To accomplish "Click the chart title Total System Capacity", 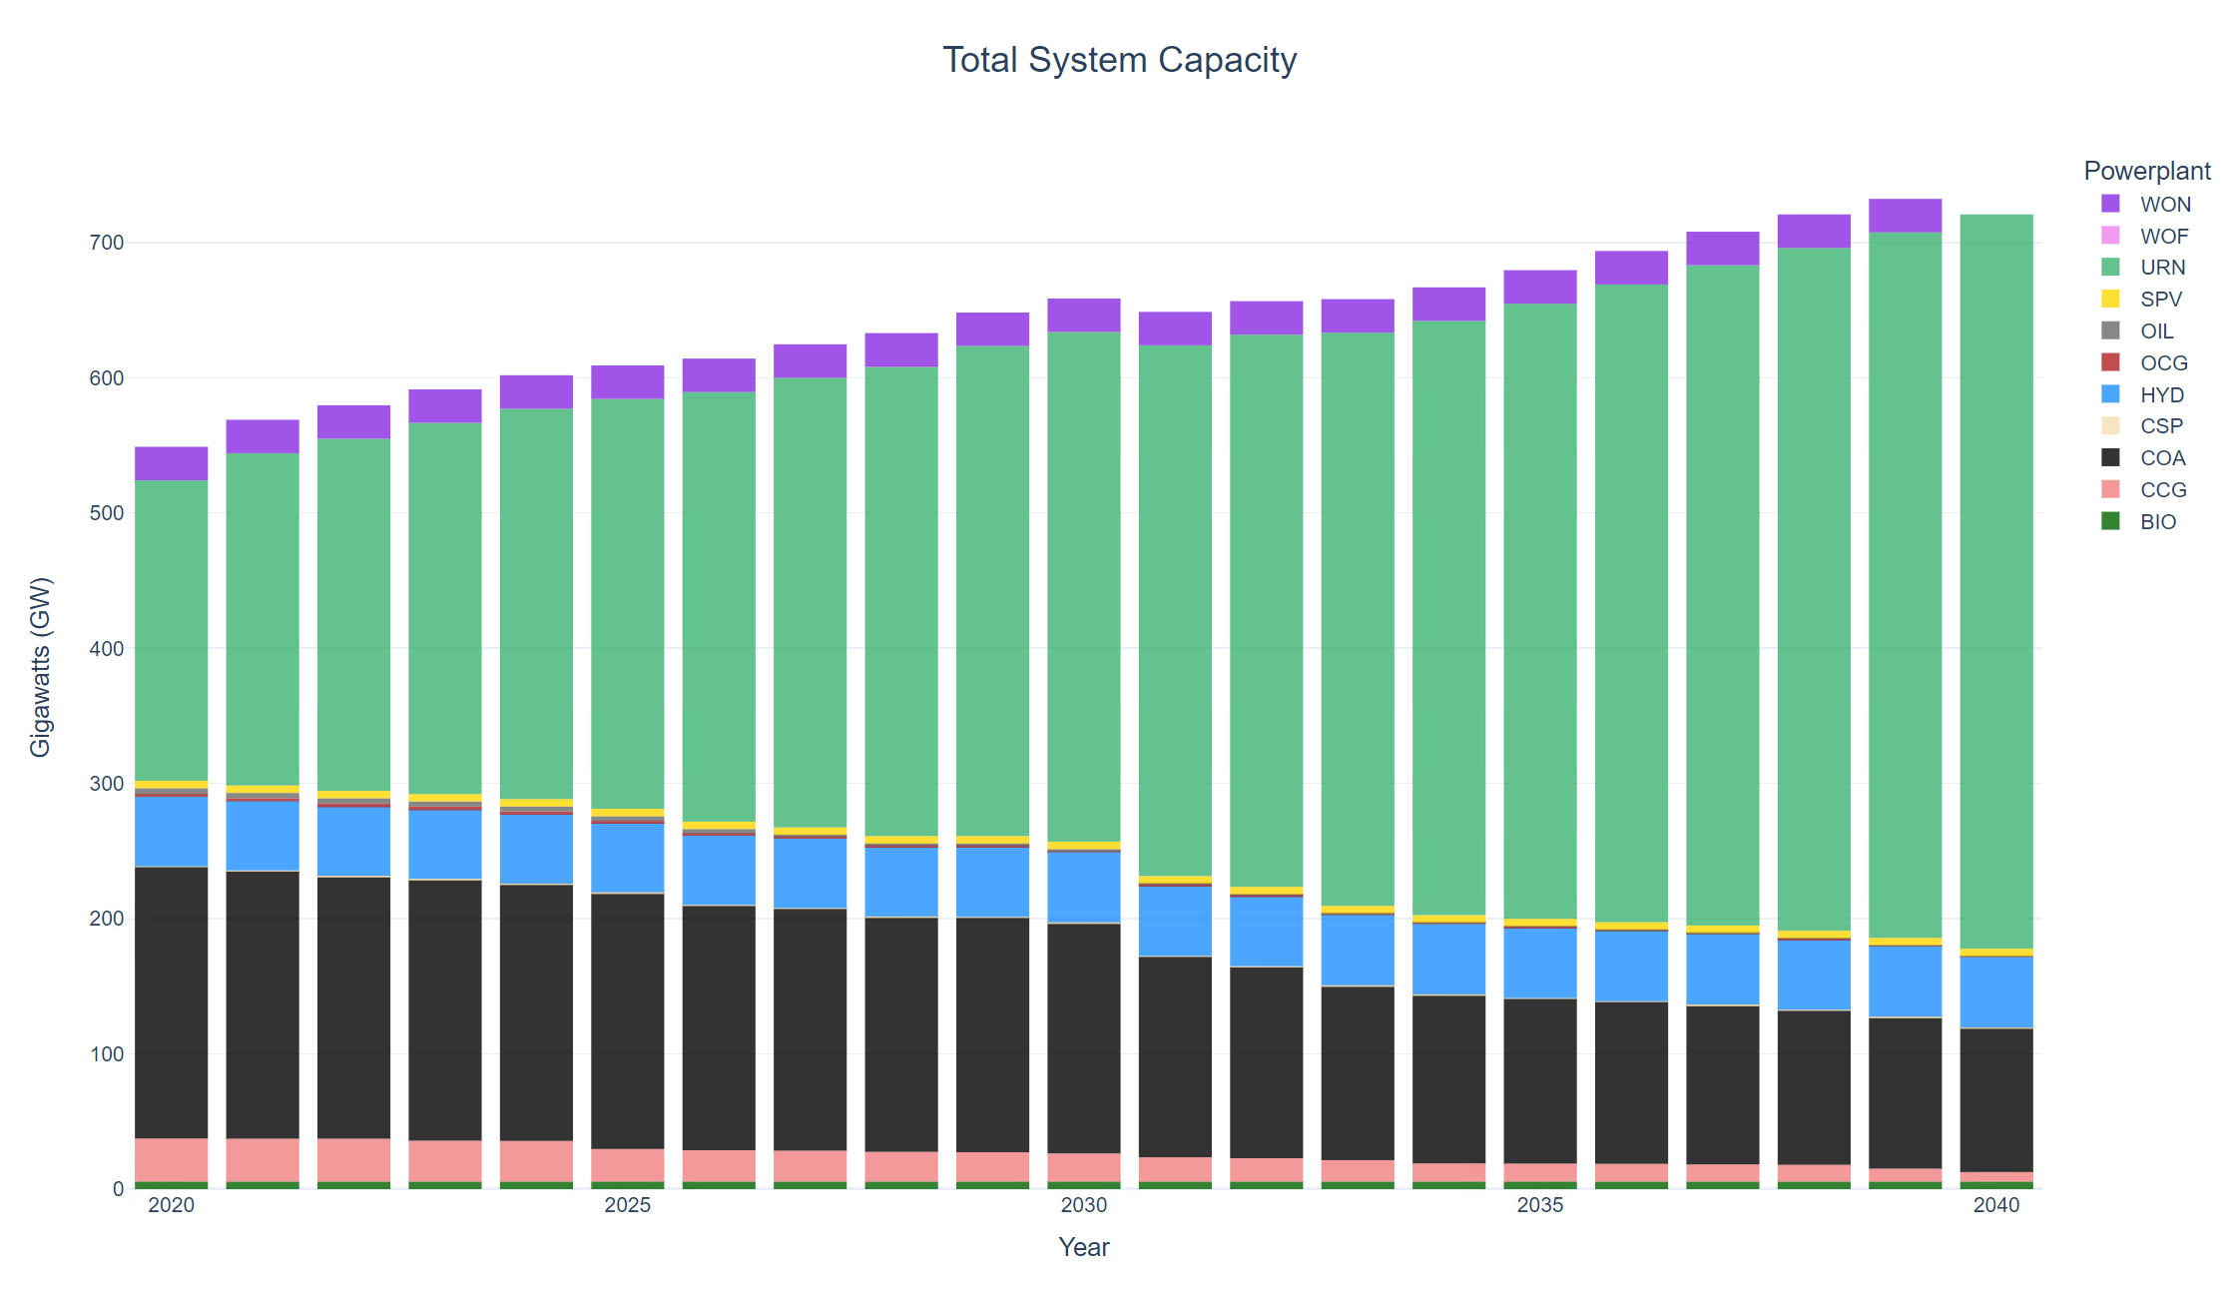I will click(1119, 60).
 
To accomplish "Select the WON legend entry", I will click(2164, 205).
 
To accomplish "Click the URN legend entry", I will click(2162, 268).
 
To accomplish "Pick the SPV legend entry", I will click(2160, 300).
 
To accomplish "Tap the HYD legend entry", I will click(2161, 395).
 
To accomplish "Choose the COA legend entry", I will click(2162, 458).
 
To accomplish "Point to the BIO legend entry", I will click(2157, 522).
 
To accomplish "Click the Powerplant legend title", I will click(2146, 171).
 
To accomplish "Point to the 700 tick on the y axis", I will click(107, 243).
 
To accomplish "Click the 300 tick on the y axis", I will click(107, 784).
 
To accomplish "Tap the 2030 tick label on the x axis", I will click(1084, 1205).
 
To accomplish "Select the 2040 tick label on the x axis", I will click(1996, 1205).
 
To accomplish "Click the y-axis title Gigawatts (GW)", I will click(40, 667).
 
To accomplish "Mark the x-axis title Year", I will click(1084, 1247).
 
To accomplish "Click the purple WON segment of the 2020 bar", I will click(172, 464).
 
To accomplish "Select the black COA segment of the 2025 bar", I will click(628, 1020).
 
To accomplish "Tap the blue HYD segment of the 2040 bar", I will click(1996, 992).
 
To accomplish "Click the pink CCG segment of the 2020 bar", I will click(172, 1160).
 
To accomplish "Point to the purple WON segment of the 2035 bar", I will click(1540, 287).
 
